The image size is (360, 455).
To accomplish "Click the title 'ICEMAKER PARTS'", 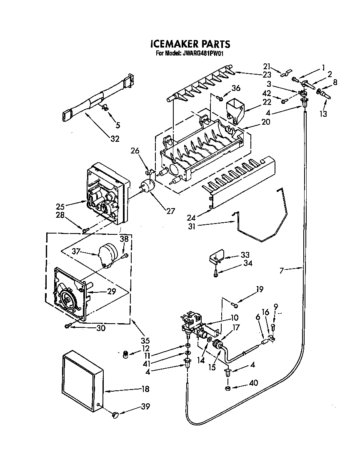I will tap(189, 44).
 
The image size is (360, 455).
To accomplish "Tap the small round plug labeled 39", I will tap(115, 414).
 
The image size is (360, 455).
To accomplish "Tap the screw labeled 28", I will tap(86, 229).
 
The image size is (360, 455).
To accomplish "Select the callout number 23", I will tap(267, 75).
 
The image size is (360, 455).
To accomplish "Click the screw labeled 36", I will tap(219, 98).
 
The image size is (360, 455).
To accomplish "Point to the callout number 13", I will tap(323, 114).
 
